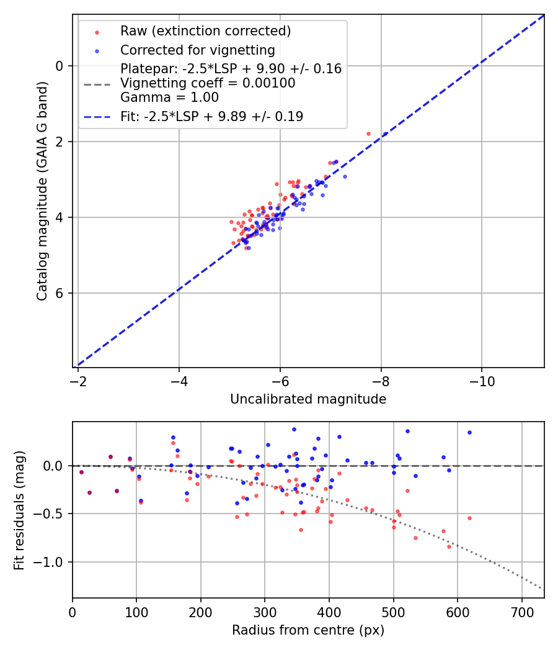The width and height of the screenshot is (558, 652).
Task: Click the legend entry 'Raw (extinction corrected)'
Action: coord(205,30)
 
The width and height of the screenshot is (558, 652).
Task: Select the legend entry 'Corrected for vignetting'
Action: coord(197,50)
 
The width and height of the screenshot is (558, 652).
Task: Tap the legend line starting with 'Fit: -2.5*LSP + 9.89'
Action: coord(211,116)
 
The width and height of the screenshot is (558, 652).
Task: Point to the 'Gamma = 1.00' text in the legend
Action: coord(169,97)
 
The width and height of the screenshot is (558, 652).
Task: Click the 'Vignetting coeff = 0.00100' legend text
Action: coord(208,83)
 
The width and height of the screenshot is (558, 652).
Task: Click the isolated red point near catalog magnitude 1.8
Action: coord(368,134)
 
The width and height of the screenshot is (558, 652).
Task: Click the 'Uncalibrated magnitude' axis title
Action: coord(308,399)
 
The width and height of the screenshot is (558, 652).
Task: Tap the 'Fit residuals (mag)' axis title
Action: coord(19,509)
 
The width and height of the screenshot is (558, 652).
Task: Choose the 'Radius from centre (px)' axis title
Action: coord(308,630)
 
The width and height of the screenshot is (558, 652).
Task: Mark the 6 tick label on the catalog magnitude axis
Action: coord(60,293)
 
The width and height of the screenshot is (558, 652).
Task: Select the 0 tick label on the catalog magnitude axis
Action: coord(60,66)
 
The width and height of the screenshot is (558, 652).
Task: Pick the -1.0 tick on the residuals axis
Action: coord(52,562)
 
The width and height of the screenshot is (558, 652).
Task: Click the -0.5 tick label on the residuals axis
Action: coord(52,514)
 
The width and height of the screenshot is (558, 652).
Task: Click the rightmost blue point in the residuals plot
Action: coord(469,432)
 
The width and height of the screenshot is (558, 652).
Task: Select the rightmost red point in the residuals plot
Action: coord(469,518)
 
